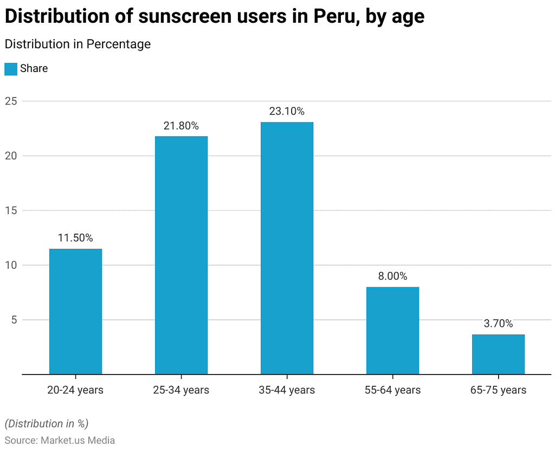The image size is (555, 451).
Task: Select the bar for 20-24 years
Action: click(75, 311)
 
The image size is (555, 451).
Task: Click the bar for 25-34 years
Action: click(181, 255)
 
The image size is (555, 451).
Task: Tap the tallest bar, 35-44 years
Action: click(287, 248)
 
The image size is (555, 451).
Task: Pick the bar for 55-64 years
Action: click(392, 330)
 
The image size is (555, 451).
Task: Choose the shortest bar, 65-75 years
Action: click(498, 354)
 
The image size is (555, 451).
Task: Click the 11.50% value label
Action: click(75, 238)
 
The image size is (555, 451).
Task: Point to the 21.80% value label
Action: click(181, 126)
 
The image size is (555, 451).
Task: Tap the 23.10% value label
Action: click(287, 112)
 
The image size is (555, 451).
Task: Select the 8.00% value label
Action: click(392, 276)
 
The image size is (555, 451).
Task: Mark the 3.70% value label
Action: click(498, 324)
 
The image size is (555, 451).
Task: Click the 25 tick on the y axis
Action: click(11, 101)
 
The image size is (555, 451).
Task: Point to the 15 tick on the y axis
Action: click(11, 210)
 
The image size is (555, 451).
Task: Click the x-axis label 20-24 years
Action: click(75, 390)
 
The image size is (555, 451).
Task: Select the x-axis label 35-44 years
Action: click(287, 390)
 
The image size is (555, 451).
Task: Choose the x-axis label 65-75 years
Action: click(498, 390)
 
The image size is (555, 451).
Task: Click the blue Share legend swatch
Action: click(11, 69)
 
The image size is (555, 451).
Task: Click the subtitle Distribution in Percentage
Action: click(78, 44)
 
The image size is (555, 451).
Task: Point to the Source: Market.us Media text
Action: click(60, 440)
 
